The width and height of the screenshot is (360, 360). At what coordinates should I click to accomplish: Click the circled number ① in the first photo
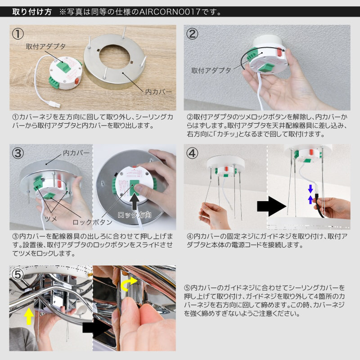point(18,34)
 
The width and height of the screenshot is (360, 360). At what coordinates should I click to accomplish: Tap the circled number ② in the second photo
point(192,34)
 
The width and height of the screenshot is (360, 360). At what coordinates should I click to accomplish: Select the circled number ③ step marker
point(18,153)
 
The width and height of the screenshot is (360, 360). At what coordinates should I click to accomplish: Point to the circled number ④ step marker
point(192,153)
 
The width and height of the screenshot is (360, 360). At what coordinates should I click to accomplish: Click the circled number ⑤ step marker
point(18,274)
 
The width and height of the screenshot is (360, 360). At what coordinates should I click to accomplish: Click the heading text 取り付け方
point(32,12)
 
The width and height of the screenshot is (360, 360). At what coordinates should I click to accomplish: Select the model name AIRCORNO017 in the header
point(170,12)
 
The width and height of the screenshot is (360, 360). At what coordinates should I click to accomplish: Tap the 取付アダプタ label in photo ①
point(46,46)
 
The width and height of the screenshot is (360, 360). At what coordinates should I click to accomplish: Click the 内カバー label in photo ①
point(158,92)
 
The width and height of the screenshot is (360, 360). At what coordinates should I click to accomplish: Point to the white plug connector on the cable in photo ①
point(55,104)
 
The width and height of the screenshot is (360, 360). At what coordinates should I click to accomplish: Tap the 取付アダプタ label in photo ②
point(211,70)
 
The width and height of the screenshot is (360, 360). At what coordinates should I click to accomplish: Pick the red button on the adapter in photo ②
point(279,52)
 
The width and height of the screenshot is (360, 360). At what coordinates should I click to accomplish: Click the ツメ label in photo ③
point(51,219)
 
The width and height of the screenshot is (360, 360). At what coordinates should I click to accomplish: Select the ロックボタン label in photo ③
point(92,222)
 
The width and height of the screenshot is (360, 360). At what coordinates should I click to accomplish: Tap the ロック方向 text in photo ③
point(135,215)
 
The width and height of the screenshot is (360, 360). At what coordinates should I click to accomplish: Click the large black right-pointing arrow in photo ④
point(272,206)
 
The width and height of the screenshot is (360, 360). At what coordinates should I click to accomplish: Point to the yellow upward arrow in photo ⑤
point(29,316)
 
